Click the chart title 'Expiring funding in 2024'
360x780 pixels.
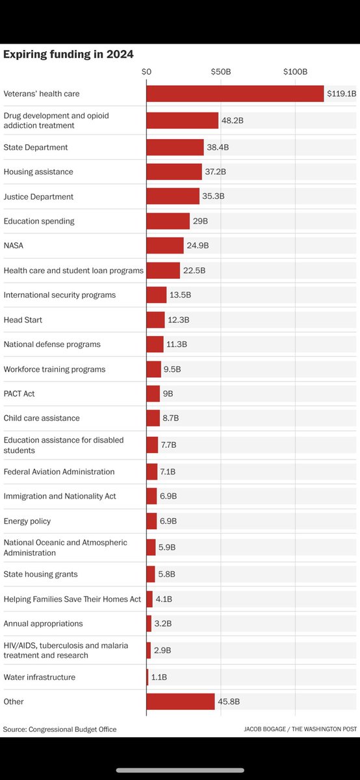point(68,55)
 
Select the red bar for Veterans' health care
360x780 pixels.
point(235,94)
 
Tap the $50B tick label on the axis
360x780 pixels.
point(221,71)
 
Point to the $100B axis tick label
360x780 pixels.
point(295,71)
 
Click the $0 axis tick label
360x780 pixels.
point(146,71)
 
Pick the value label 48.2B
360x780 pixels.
point(233,121)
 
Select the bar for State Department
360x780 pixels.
point(175,148)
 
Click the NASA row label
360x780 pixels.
point(14,246)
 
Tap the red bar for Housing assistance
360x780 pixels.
point(174,172)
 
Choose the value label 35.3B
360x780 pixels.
point(213,196)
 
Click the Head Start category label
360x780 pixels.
point(23,320)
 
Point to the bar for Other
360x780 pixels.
point(180,701)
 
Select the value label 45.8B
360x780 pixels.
point(229,702)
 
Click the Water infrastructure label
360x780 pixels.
point(40,677)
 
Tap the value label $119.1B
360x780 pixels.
point(341,94)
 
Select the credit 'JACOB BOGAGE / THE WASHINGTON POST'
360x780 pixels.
point(301,729)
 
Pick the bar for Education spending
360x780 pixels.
point(168,221)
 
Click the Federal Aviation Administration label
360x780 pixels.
point(59,472)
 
